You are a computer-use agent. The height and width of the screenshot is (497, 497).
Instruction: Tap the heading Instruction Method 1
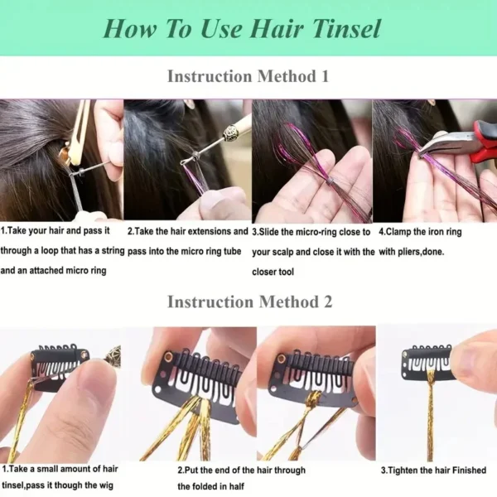pos(248,76)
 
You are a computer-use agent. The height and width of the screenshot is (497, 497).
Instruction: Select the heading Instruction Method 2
pos(248,302)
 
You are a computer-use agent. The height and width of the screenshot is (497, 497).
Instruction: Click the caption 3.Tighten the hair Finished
pos(433,469)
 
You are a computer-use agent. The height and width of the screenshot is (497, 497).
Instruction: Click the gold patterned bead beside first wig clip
pos(110,359)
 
